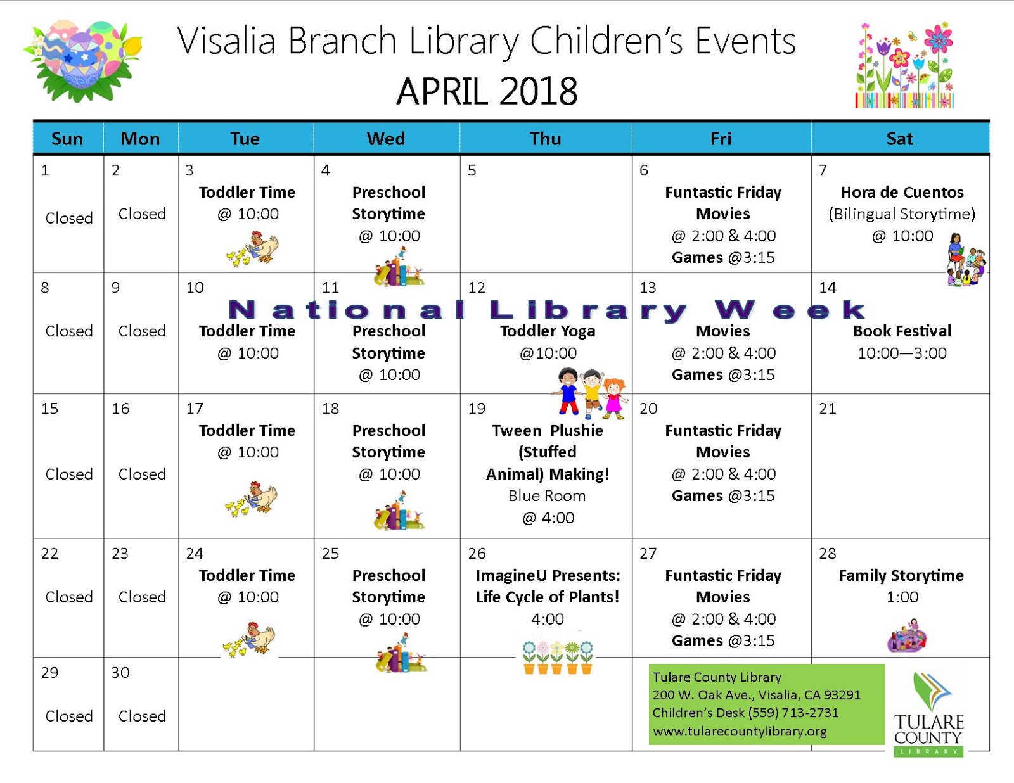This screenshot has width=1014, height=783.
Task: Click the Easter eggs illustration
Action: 83,60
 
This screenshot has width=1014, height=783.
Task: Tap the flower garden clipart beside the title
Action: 904,65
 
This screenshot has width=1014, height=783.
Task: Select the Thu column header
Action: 545,139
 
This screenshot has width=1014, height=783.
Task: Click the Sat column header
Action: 899,139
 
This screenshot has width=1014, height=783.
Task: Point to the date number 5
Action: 472,170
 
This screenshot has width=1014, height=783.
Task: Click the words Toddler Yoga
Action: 548,331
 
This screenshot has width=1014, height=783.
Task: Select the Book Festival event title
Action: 902,331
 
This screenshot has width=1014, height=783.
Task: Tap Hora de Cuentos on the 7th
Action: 902,192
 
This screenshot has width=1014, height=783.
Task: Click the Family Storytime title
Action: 901,575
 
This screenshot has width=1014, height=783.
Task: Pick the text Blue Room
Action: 546,496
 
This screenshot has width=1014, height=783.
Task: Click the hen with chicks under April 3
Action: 252,248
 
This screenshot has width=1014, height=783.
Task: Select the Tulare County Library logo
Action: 928,714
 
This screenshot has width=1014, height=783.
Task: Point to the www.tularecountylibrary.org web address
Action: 740,731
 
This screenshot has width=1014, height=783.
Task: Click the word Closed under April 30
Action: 142,716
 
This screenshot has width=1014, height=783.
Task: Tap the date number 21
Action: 827,409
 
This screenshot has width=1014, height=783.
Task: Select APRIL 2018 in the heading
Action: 487,91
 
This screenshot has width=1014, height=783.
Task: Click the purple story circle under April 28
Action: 907,635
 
